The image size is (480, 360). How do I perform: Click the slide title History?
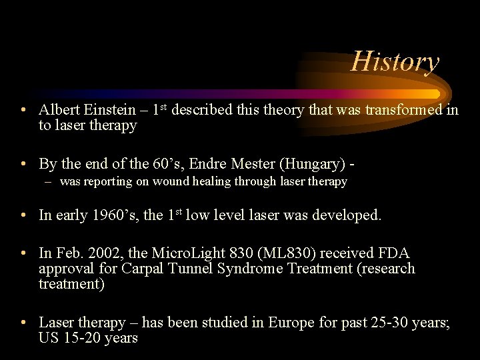(x=395, y=62)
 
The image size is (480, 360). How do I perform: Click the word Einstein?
(x=117, y=110)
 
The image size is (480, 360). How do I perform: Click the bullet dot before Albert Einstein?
(x=23, y=110)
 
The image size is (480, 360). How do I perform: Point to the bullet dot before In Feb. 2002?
(x=23, y=253)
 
